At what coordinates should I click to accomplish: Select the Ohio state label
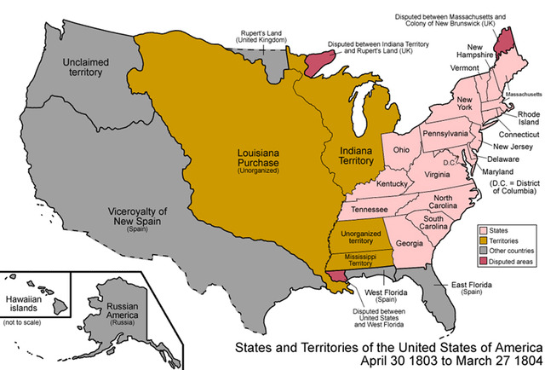[403, 150]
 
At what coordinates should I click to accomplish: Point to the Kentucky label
[393, 183]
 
